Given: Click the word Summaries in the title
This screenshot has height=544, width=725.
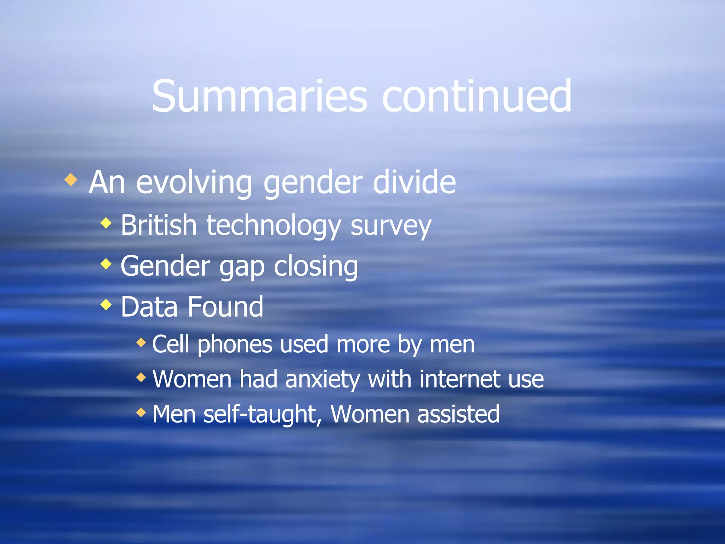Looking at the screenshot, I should [x=259, y=96].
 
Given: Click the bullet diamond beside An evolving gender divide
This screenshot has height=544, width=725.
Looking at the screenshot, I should [x=71, y=180].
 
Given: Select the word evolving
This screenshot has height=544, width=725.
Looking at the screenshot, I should [x=194, y=183].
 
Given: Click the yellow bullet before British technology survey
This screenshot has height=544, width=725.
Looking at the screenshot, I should [x=106, y=223].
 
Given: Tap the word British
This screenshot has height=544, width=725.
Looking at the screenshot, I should [x=159, y=225].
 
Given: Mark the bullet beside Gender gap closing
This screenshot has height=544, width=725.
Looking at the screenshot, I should [x=106, y=264].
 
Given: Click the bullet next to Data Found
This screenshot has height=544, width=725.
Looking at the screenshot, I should [x=106, y=304].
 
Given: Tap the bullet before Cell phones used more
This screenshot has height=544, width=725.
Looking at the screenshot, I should [x=141, y=342].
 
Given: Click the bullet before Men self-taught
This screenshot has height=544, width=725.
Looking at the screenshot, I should [x=141, y=412].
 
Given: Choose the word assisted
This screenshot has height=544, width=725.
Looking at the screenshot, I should [x=458, y=414].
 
